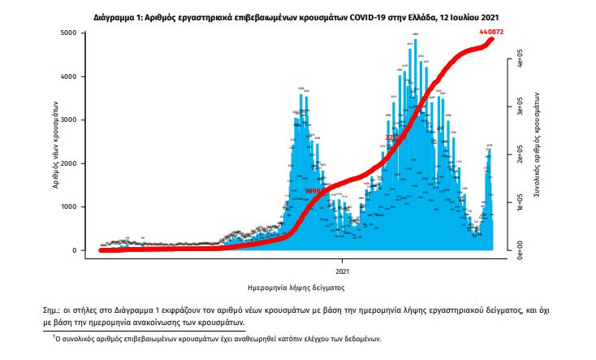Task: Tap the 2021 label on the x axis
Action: click(x=342, y=271)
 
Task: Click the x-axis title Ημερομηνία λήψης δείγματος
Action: click(x=296, y=287)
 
